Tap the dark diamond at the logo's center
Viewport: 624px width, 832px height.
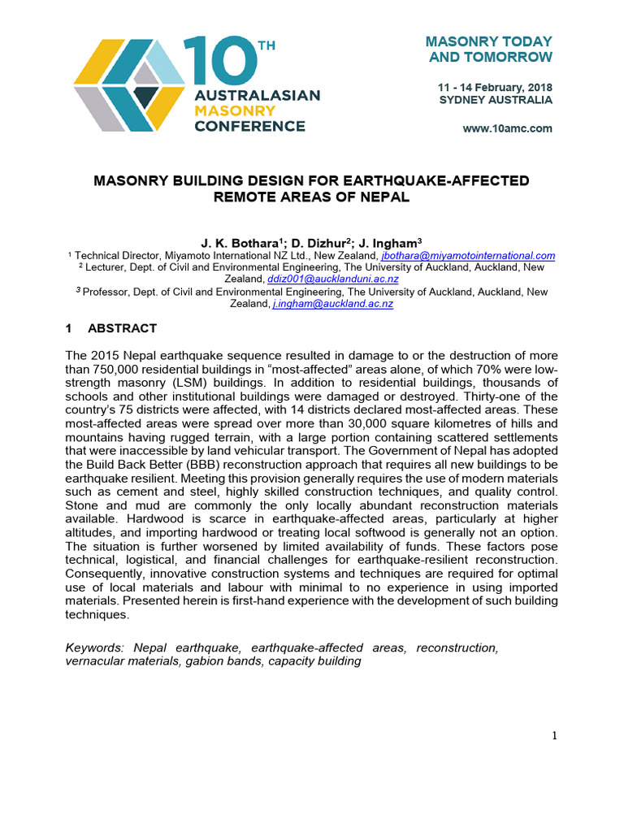point(146,97)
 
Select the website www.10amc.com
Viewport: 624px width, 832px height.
point(507,128)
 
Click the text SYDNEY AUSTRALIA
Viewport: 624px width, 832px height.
point(496,100)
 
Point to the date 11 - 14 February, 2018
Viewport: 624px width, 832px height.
point(496,86)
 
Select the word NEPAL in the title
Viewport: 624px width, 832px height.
point(386,197)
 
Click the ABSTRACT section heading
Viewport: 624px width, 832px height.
point(122,328)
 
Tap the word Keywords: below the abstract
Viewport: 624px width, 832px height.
point(93,648)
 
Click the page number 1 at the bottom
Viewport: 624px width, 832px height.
point(555,736)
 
